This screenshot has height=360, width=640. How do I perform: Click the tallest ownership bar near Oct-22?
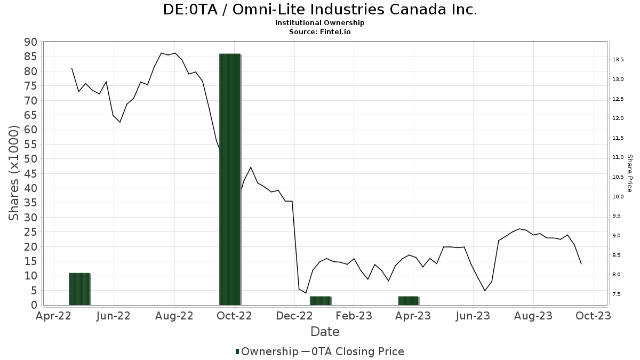click(230, 179)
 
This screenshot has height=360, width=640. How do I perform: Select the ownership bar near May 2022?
click(79, 289)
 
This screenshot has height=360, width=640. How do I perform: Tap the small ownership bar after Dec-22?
click(320, 300)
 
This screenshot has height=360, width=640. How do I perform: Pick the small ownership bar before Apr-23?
click(409, 300)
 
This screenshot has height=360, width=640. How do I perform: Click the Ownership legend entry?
click(267, 351)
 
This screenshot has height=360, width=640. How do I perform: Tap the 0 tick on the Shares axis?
click(34, 305)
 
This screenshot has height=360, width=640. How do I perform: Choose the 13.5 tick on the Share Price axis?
click(618, 59)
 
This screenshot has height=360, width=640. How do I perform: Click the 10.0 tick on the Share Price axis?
click(618, 196)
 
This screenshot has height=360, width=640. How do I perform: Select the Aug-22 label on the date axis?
click(174, 316)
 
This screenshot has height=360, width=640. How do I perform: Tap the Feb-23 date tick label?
click(353, 316)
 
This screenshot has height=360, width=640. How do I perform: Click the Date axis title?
click(325, 332)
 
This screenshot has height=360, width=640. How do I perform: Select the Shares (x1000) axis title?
click(14, 173)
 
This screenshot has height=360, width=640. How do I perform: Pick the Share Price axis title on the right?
click(629, 173)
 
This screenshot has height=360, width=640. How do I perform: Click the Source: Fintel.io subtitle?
click(320, 31)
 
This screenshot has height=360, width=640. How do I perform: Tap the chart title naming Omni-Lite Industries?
click(320, 10)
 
